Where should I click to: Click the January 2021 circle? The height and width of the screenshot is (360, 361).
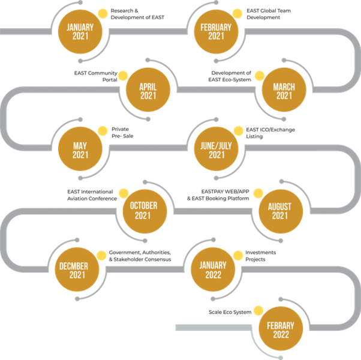click(80, 32)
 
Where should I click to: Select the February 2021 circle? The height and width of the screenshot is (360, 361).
click(216, 32)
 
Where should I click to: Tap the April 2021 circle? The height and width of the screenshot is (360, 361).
click(148, 91)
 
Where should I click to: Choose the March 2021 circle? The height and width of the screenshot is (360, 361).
click(284, 91)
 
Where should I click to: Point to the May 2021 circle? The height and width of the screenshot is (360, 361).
click(80, 149)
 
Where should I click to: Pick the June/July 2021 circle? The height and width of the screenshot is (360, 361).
click(216, 149)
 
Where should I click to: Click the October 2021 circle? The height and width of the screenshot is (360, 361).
click(143, 211)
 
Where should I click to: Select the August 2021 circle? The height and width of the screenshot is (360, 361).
click(280, 211)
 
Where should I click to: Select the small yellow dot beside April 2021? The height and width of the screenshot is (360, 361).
click(124, 74)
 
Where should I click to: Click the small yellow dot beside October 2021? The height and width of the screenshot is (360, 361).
click(123, 193)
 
